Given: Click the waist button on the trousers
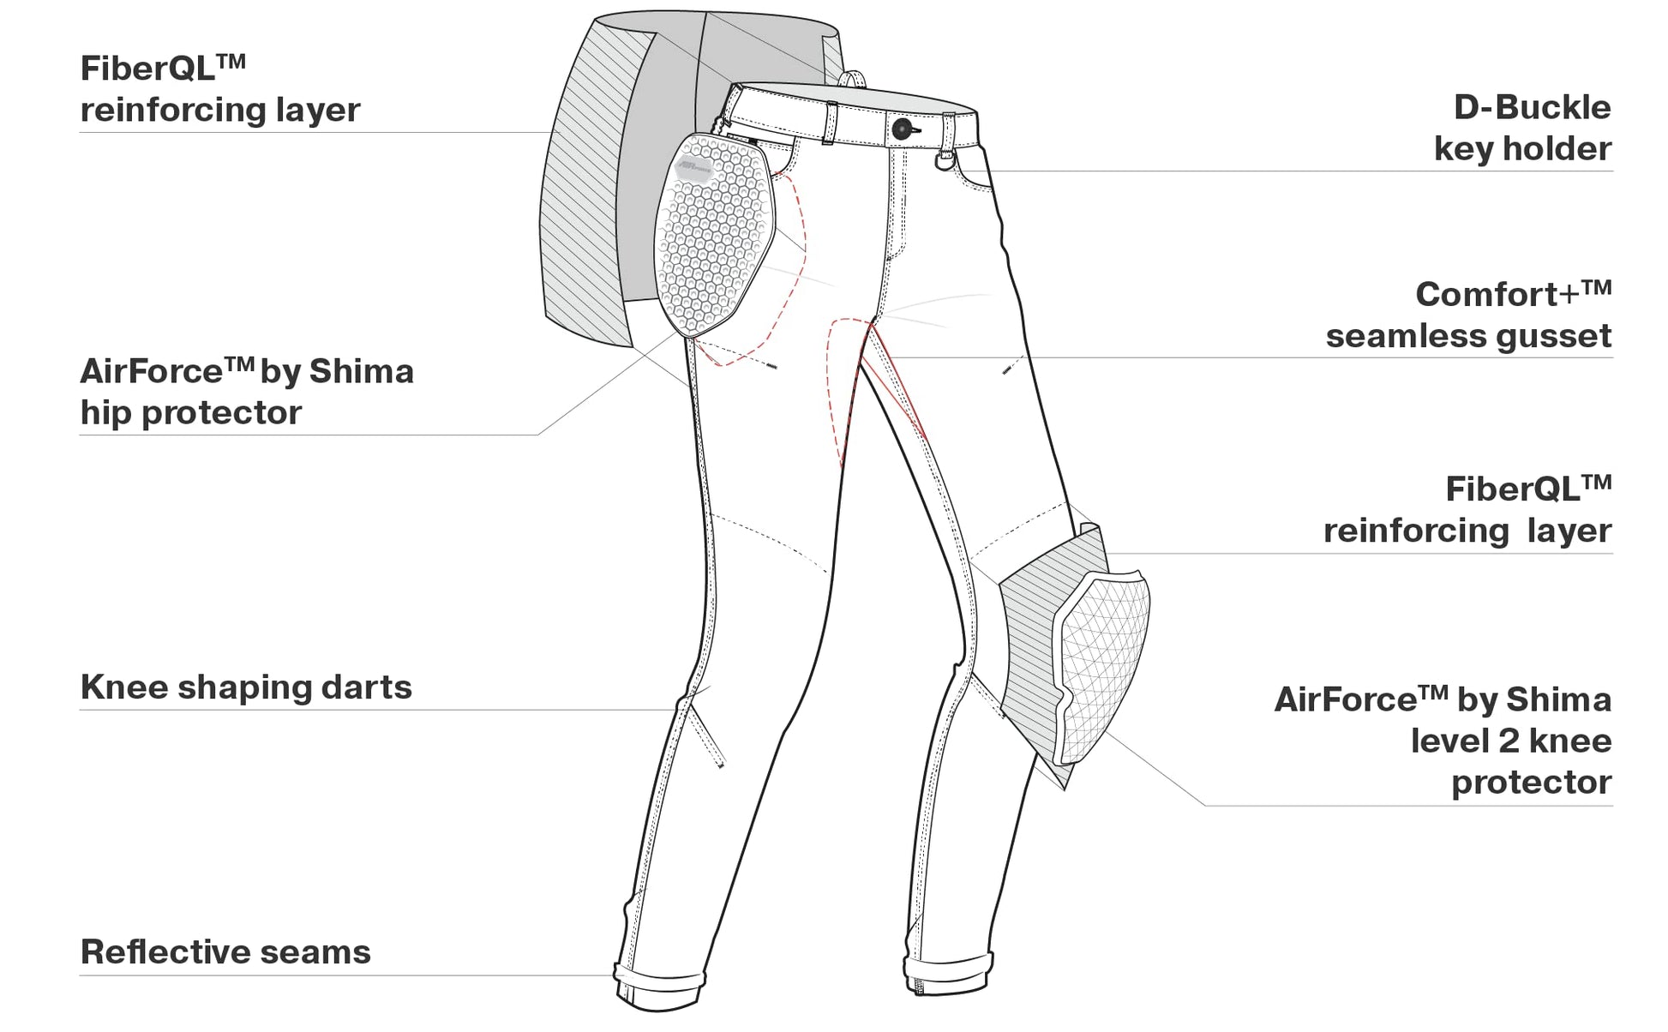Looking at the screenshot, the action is point(903,129).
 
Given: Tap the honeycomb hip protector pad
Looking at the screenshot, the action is point(714,236).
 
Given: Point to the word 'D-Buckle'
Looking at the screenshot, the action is point(1532,108).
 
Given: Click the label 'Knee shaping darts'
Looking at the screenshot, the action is point(246,687).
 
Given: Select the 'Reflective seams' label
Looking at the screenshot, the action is point(225,952).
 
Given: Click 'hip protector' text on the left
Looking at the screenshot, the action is point(191,413).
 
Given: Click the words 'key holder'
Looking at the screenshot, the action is point(1522,149).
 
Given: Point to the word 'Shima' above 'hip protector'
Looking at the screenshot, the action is point(361,372).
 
